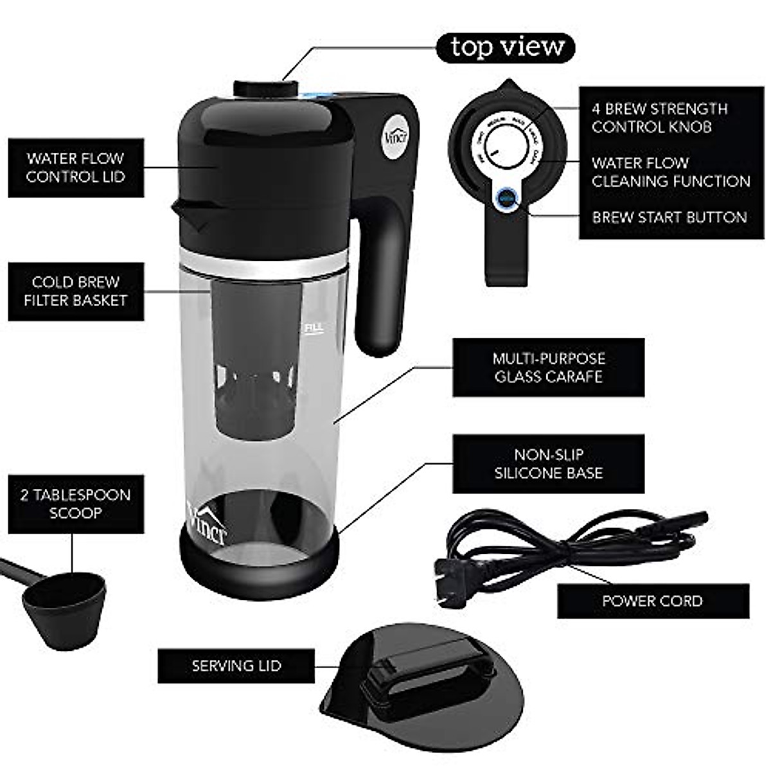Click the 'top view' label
coord(507,48)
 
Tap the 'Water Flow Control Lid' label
coord(76,168)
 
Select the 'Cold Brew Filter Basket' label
coord(76,291)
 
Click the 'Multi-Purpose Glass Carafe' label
coord(548,368)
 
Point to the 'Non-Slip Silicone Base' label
coord(548,464)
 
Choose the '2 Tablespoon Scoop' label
coord(76,504)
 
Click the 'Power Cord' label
coord(652,601)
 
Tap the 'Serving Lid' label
coord(236,666)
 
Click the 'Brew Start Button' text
coord(669,217)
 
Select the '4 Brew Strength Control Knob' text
coord(659,118)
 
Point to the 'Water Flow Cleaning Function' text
coord(670,172)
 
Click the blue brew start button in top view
coord(506,197)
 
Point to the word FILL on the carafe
coord(313,328)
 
